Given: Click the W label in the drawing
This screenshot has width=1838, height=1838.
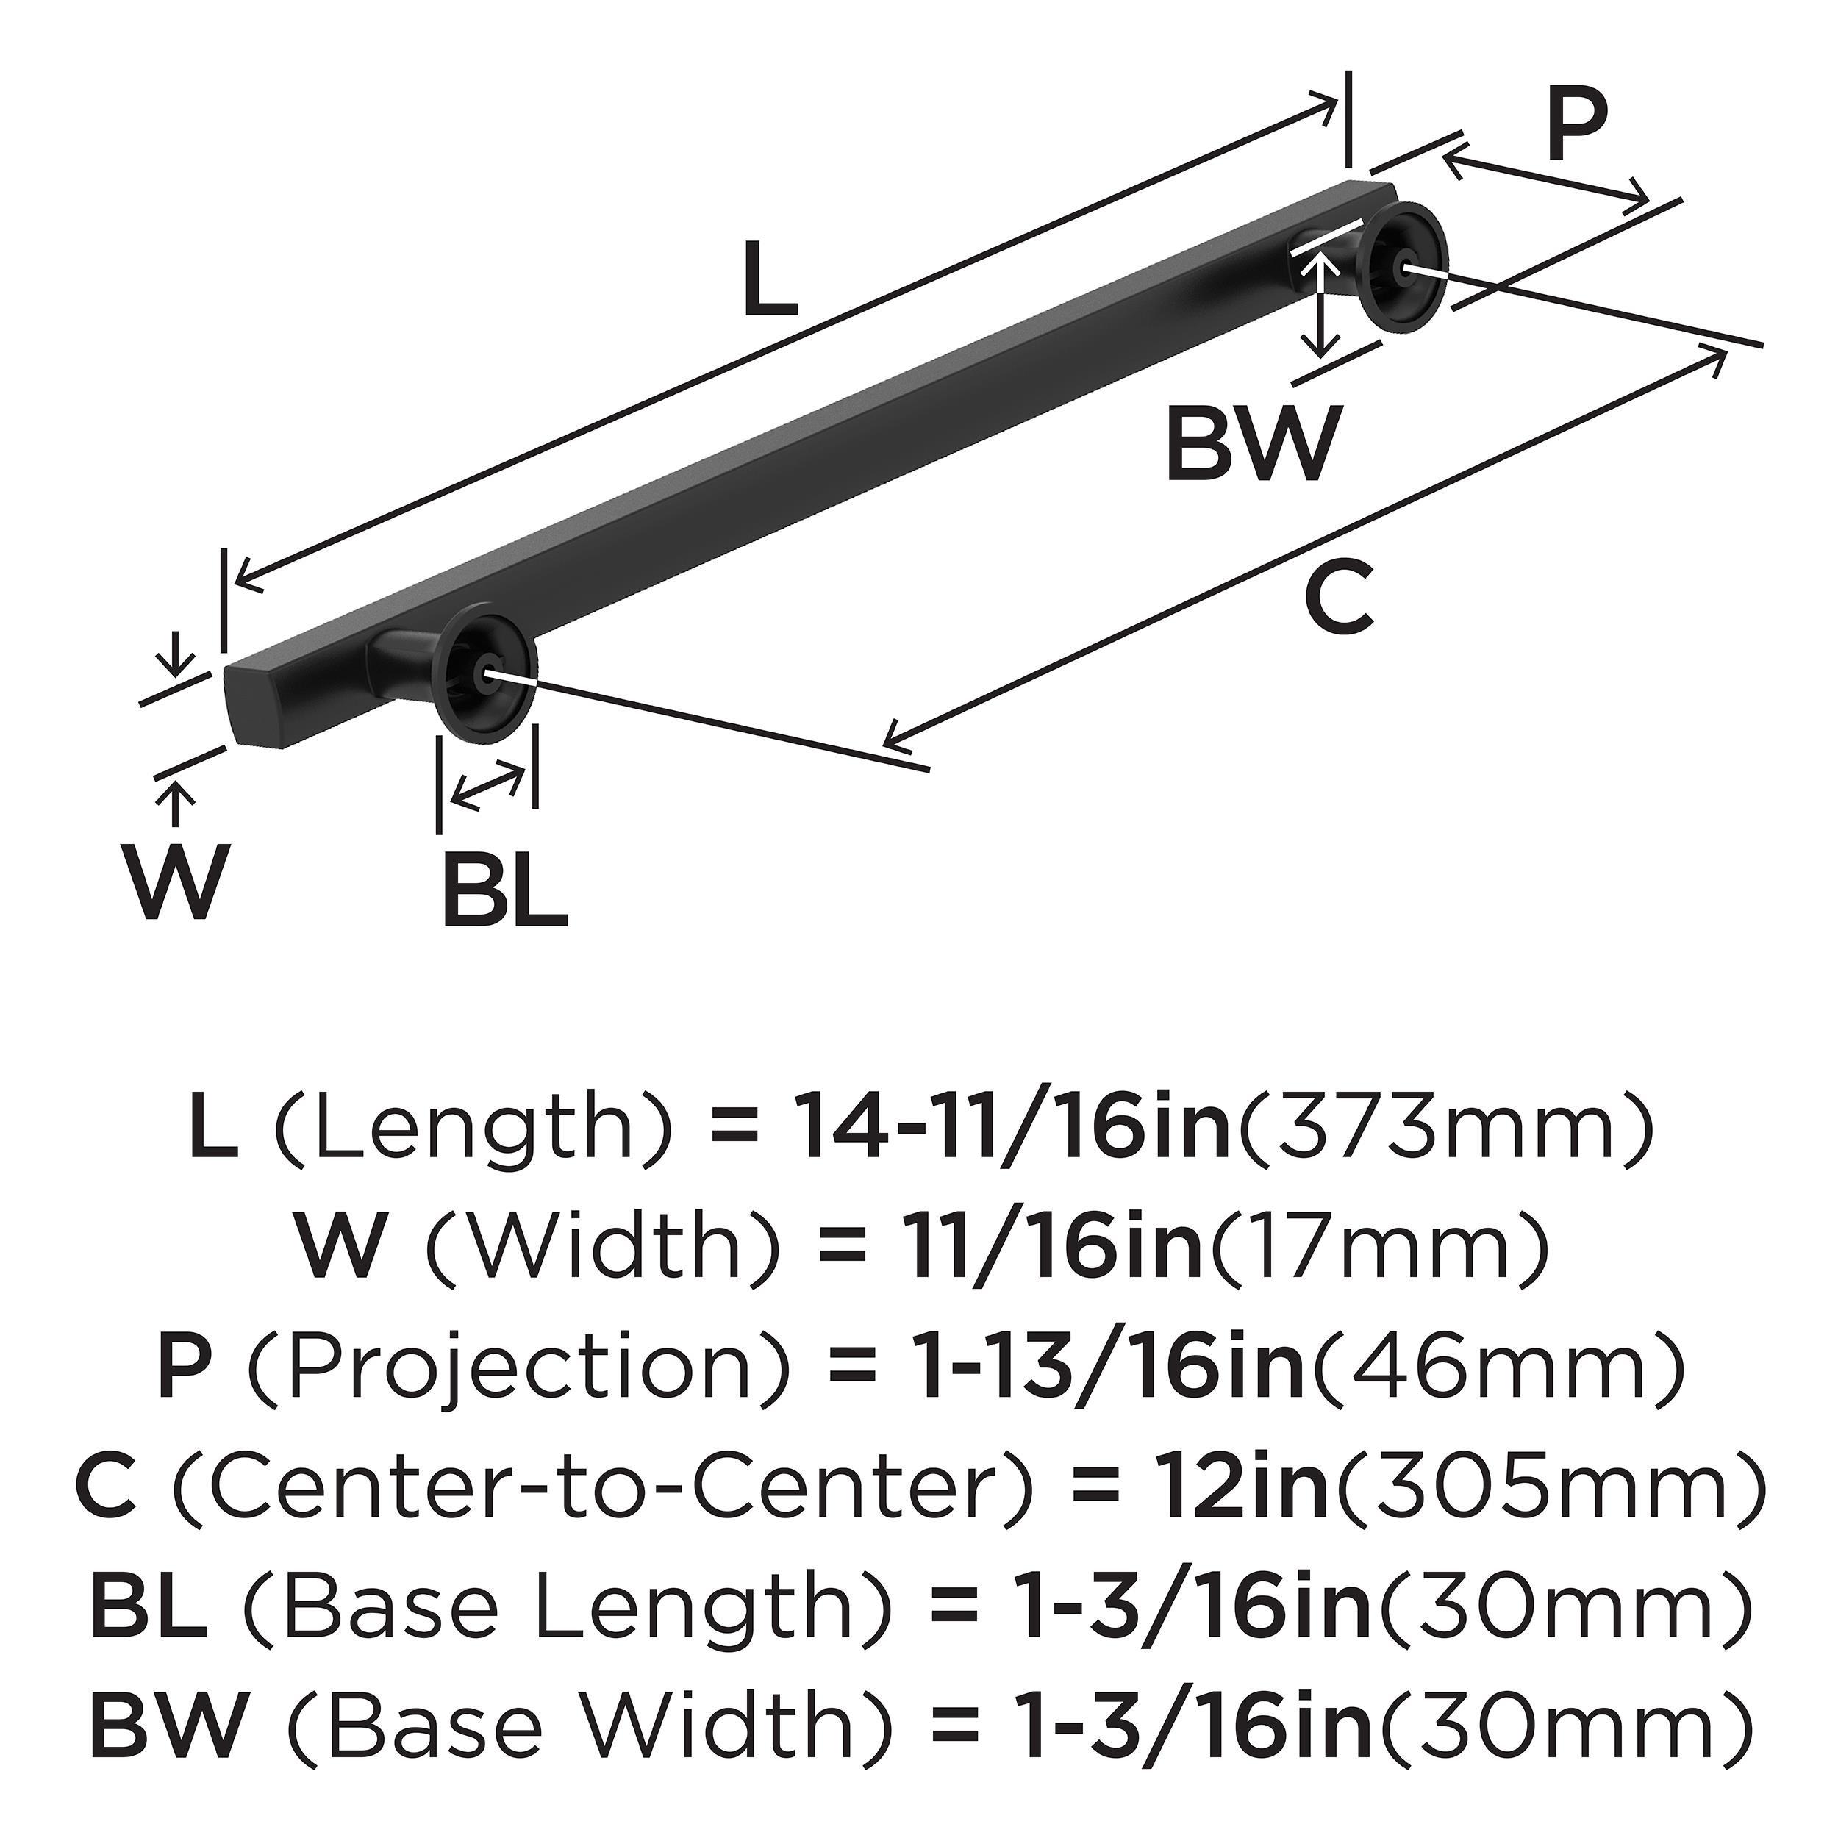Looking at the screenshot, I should click(177, 882).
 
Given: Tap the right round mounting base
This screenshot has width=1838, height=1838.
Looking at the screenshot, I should click(1403, 268).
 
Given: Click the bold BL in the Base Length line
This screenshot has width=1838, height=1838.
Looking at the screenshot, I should click(149, 1601).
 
